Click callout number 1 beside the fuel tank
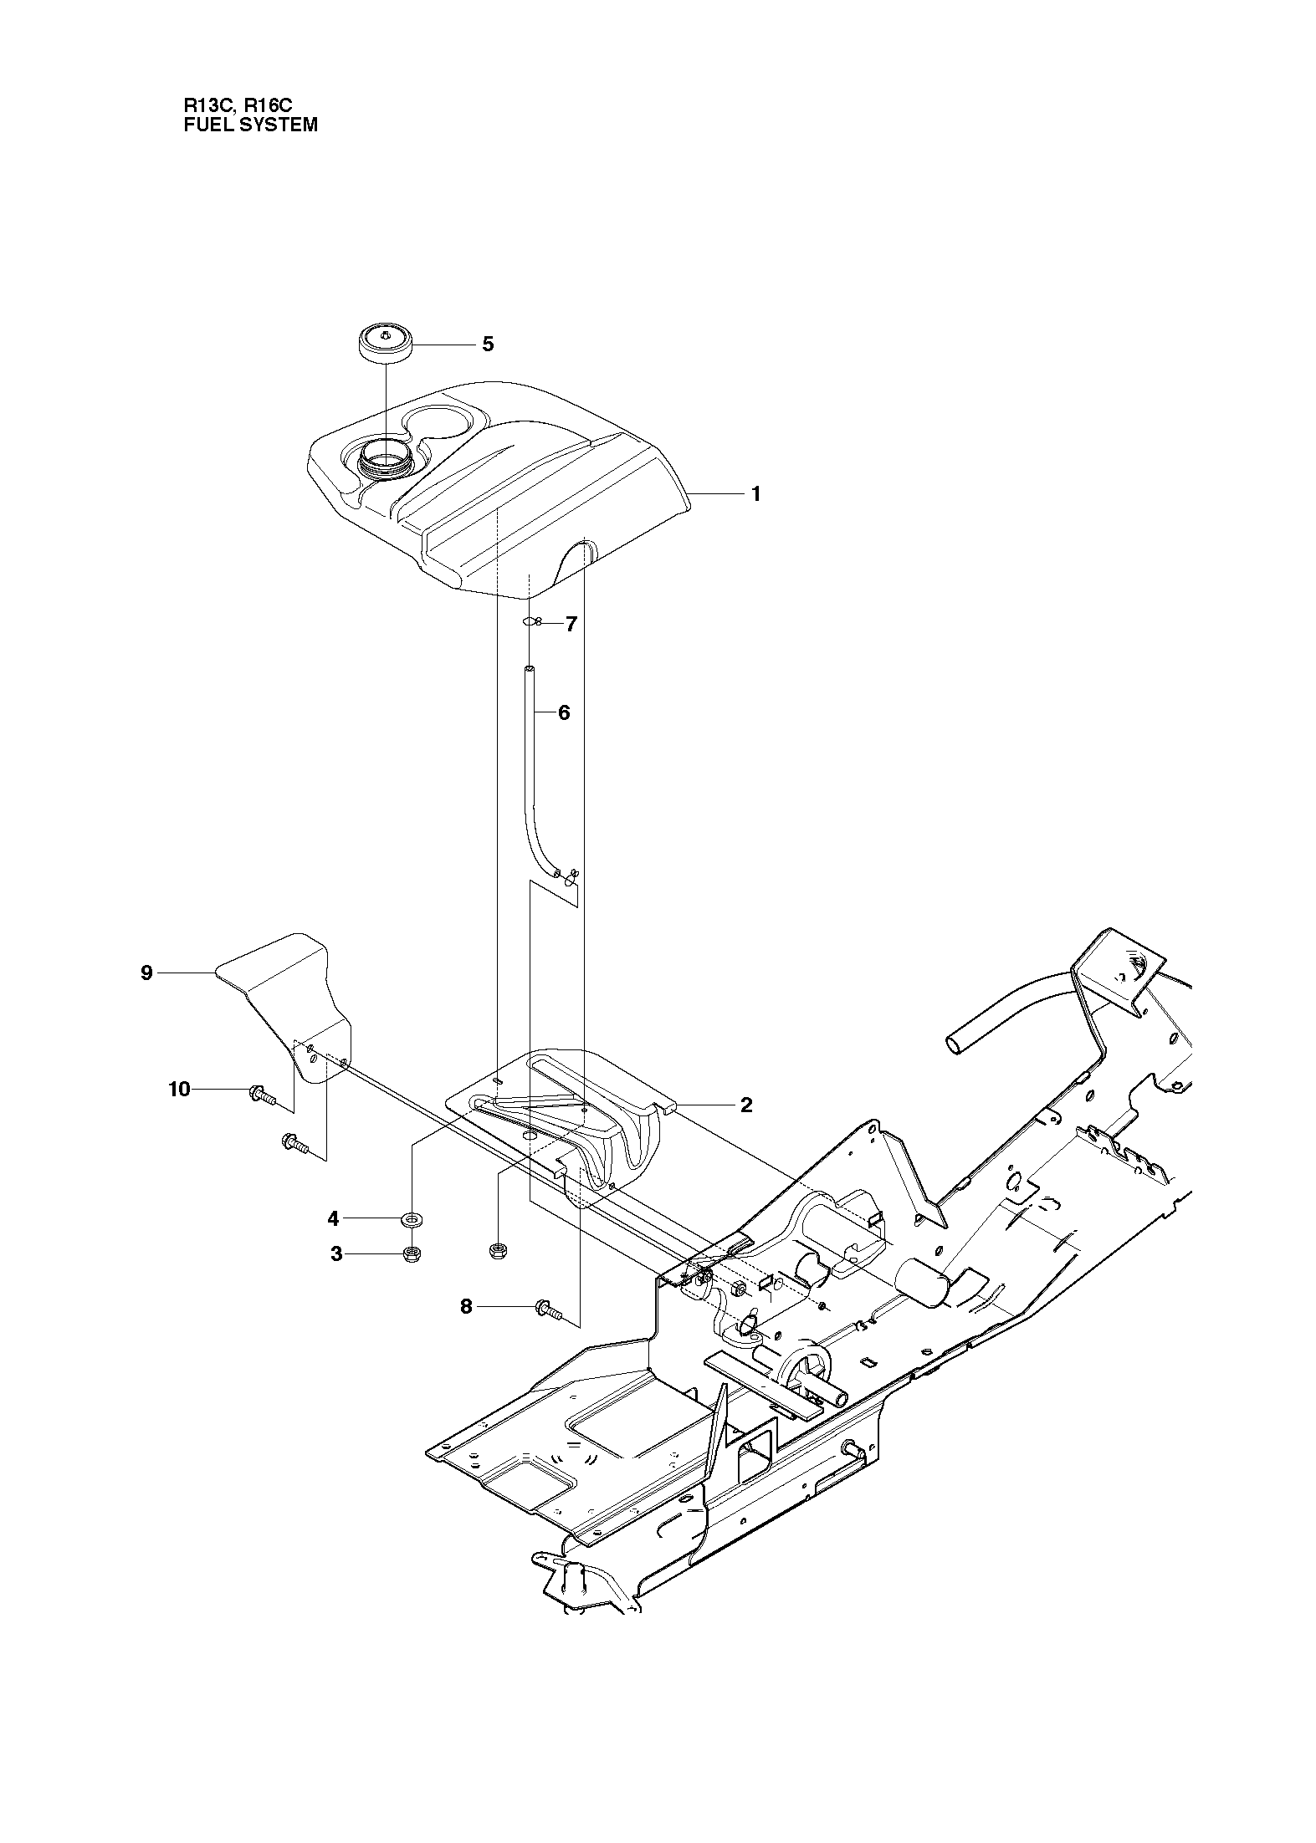pyautogui.click(x=756, y=494)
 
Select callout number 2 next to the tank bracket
pyautogui.click(x=746, y=1105)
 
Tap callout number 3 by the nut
pyautogui.click(x=336, y=1254)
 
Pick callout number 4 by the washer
pyautogui.click(x=333, y=1219)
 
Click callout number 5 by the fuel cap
pyautogui.click(x=488, y=345)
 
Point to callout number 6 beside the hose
pyautogui.click(x=563, y=712)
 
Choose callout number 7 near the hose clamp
pyautogui.click(x=571, y=624)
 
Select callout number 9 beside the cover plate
pyautogui.click(x=146, y=973)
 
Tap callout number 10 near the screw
pyautogui.click(x=180, y=1089)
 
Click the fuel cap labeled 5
pyautogui.click(x=386, y=344)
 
